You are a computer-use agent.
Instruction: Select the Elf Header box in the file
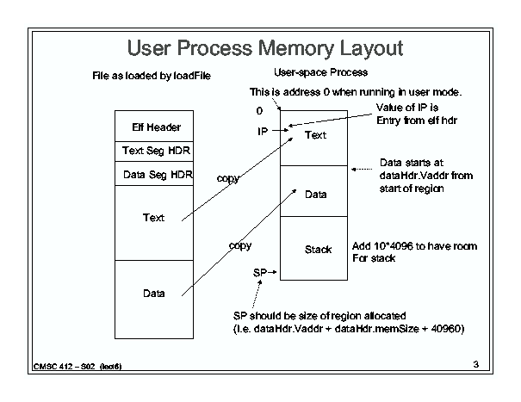tap(156, 127)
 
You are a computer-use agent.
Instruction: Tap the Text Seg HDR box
tap(156, 152)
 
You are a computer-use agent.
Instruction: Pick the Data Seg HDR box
tap(156, 175)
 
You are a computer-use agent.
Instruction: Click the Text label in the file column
tap(153, 218)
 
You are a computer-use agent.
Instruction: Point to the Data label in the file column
tap(153, 294)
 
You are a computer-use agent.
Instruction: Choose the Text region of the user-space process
tap(315, 135)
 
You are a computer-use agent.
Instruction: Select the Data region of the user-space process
tap(315, 195)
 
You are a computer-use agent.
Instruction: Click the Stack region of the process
tap(317, 250)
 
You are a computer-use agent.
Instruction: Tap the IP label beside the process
tap(263, 132)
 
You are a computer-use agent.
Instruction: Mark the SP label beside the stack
tap(259, 271)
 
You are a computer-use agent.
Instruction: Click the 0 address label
tap(259, 111)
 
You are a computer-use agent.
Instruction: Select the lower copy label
tap(239, 245)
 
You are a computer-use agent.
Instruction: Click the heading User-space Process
tap(319, 73)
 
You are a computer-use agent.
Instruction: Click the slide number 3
tap(475, 366)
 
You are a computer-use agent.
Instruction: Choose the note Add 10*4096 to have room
tap(414, 246)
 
